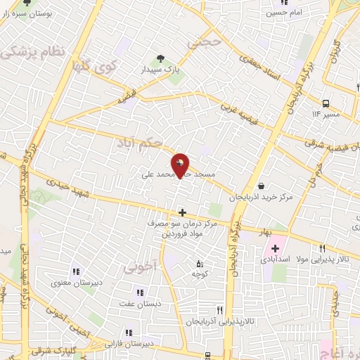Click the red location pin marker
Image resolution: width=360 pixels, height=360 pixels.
click(x=181, y=165)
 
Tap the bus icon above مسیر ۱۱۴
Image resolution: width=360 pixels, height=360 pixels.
click(x=326, y=102)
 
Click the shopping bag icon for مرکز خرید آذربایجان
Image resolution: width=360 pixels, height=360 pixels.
click(x=261, y=187)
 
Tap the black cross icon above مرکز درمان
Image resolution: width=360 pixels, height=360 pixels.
click(x=182, y=212)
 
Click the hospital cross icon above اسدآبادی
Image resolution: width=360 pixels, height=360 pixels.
click(x=276, y=248)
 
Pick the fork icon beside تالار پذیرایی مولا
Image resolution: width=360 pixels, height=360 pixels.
click(x=323, y=247)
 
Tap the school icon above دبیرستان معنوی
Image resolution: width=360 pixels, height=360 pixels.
click(x=75, y=271)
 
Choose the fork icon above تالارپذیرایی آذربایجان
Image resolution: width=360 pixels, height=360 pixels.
click(x=219, y=309)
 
